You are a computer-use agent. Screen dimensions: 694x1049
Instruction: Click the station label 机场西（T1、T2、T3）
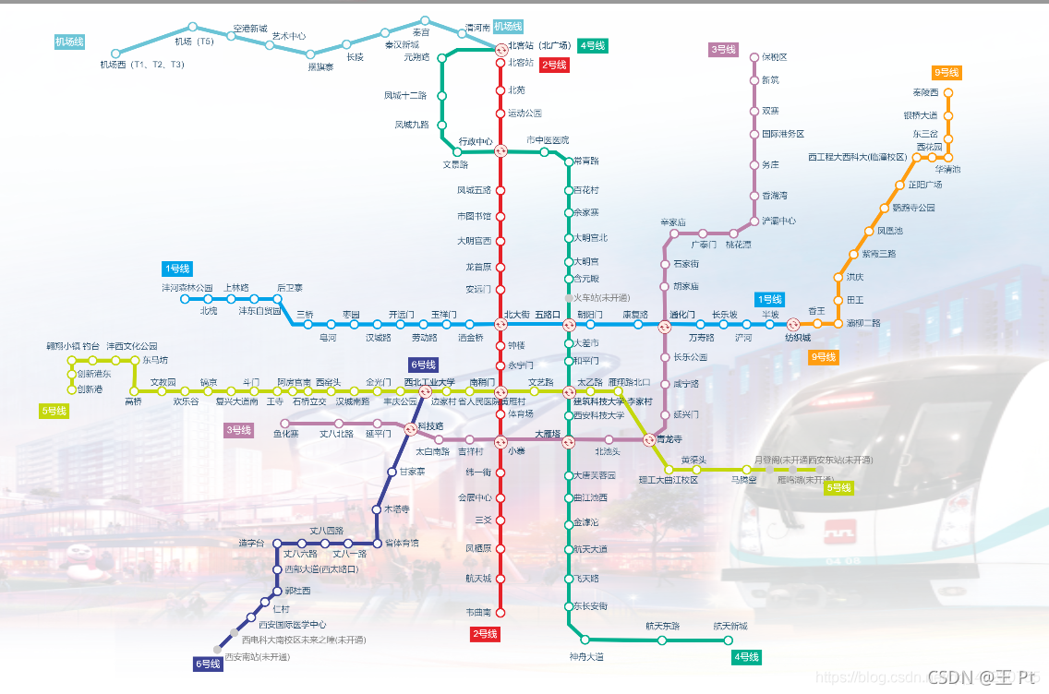pyautogui.click(x=142, y=66)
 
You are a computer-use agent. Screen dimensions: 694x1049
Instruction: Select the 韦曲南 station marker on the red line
pyautogui.click(x=501, y=612)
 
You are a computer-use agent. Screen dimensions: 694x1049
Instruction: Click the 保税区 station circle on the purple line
pyautogui.click(x=754, y=57)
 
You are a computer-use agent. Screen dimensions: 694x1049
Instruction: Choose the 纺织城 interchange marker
pyautogui.click(x=793, y=324)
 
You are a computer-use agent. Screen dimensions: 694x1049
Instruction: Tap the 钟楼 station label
pyautogui.click(x=516, y=346)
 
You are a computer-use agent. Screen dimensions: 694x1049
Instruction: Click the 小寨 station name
pyautogui.click(x=516, y=451)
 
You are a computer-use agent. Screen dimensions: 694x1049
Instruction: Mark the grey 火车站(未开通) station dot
pyautogui.click(x=569, y=298)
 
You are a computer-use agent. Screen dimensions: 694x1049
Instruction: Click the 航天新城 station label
pyautogui.click(x=729, y=627)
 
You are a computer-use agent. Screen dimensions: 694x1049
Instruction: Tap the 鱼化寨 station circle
pyautogui.click(x=285, y=424)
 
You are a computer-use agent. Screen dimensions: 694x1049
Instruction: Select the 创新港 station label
pyautogui.click(x=90, y=389)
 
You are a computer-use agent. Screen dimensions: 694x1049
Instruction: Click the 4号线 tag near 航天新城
pyautogui.click(x=746, y=657)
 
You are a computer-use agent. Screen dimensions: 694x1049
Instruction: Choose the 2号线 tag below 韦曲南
pyautogui.click(x=485, y=635)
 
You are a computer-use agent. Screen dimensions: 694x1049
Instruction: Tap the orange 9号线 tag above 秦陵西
pyautogui.click(x=947, y=73)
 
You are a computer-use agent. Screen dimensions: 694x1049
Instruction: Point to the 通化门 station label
pyautogui.click(x=682, y=315)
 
